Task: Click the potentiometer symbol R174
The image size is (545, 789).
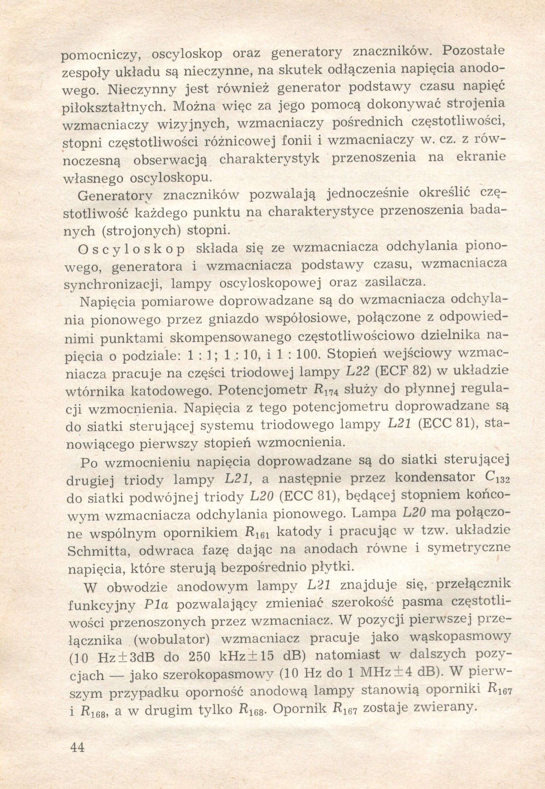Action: pos(325,391)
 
